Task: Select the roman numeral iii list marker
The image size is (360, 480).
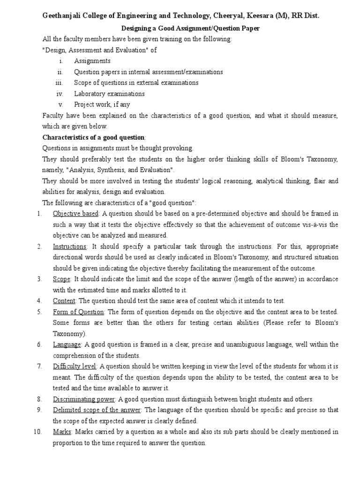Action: click(59, 83)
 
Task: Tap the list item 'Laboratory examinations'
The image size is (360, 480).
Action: click(103, 94)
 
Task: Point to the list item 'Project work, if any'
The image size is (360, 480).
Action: click(102, 105)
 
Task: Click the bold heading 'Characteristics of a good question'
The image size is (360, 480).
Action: click(94, 137)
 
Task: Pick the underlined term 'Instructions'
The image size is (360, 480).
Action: click(69, 247)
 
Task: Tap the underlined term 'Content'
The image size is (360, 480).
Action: click(64, 301)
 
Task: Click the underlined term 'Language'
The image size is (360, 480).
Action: click(67, 345)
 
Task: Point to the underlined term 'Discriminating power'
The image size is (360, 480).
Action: click(84, 399)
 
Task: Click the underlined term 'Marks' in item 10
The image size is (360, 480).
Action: click(62, 432)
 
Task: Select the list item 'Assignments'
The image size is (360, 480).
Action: click(92, 61)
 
